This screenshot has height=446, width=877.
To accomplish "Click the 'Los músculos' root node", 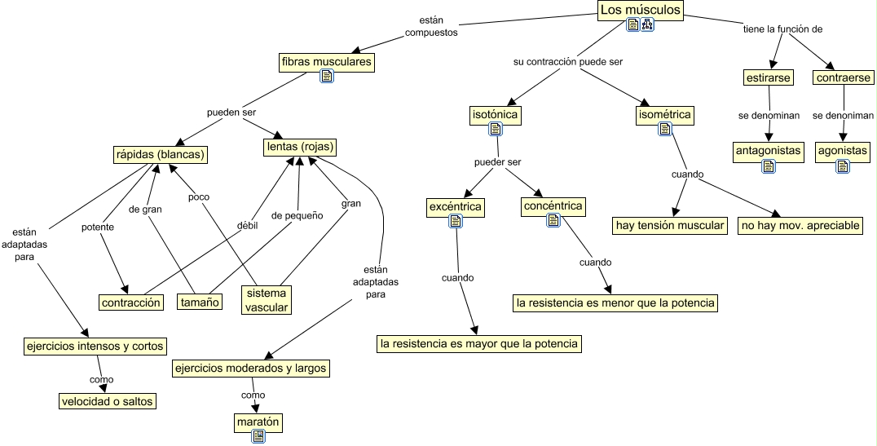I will (640, 10).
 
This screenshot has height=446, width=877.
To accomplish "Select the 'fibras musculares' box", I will (326, 61).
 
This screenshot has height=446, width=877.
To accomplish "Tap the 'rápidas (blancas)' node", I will (159, 153).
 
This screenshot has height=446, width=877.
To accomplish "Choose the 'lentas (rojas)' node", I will (300, 147).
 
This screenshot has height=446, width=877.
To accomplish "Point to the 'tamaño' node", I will (201, 302).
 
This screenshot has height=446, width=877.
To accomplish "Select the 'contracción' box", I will (130, 302).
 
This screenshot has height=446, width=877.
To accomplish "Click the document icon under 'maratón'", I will (258, 436).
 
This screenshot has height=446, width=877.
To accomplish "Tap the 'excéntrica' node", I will (455, 207).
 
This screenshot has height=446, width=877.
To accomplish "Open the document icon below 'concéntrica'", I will (553, 219).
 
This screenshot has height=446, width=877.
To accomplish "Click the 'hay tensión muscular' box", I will (669, 225).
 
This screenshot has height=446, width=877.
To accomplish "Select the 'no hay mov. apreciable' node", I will (800, 225).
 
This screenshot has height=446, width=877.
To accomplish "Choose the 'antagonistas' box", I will (768, 151).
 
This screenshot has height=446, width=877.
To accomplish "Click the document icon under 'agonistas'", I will (843, 166).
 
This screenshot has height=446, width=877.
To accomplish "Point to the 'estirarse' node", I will (768, 78).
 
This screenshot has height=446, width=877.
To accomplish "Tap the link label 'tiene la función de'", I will (782, 29).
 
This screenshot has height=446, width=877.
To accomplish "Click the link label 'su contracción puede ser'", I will (567, 61).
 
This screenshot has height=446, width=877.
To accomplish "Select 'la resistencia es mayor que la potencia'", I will (479, 343).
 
